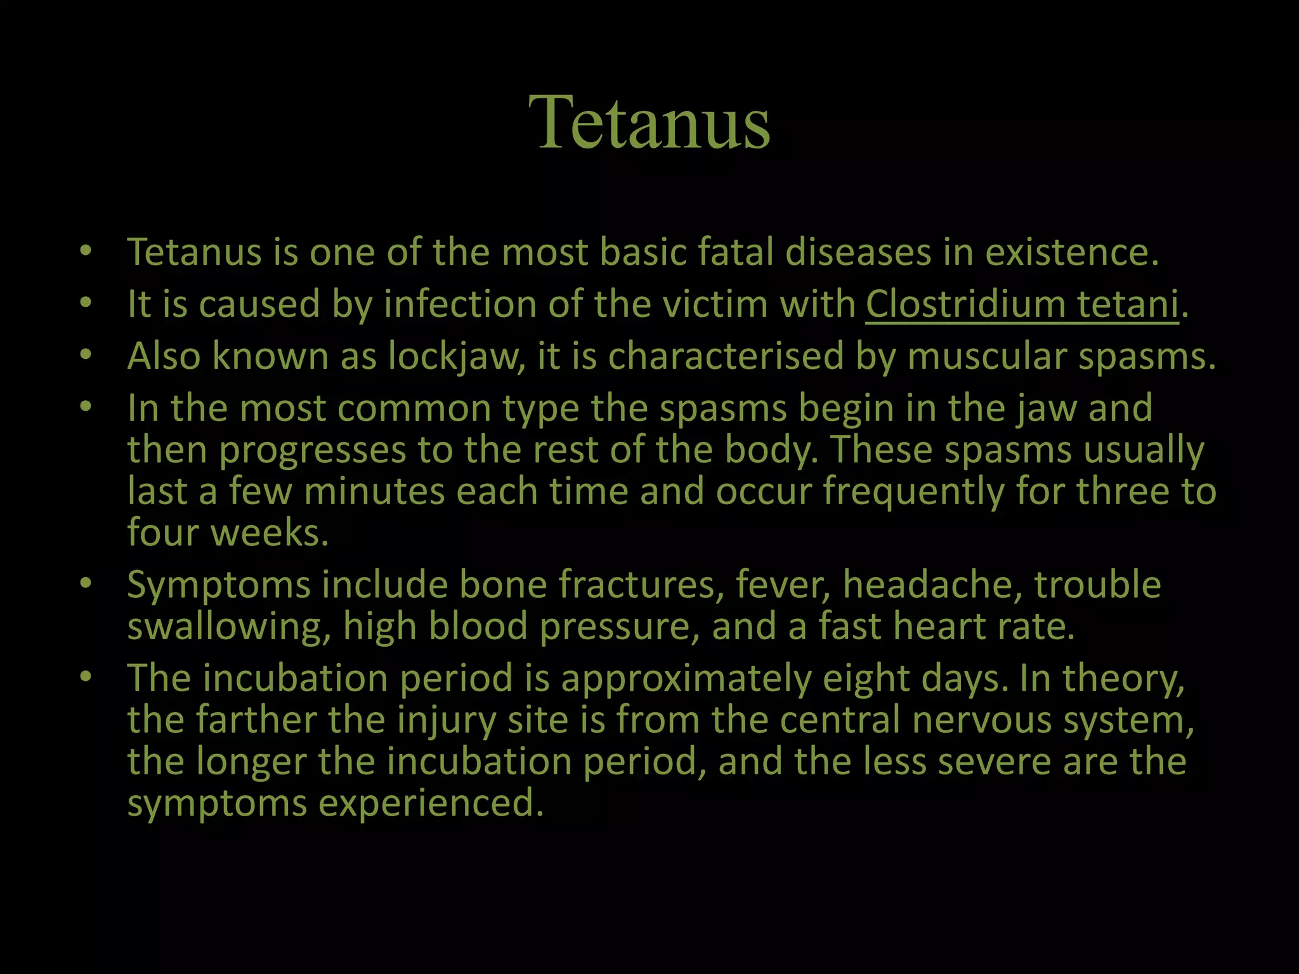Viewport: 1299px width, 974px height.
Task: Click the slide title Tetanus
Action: point(649,122)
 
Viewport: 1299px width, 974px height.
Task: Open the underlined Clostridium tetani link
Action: point(1022,304)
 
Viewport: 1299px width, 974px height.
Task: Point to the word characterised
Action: point(726,356)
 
